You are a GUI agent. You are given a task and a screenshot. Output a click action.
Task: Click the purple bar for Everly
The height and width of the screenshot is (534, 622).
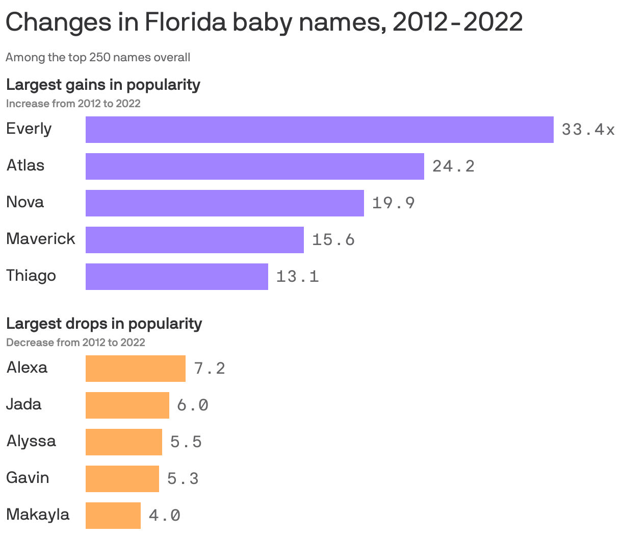pos(319,130)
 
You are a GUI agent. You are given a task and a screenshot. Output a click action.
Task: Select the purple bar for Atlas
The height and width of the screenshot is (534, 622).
pos(254,166)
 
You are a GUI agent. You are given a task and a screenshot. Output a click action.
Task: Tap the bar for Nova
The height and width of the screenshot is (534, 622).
pos(224,203)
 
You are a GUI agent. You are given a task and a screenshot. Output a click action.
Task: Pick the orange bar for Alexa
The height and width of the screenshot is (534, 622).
pos(135,369)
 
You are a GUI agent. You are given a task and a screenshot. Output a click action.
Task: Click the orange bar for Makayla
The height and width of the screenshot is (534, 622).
pos(113,516)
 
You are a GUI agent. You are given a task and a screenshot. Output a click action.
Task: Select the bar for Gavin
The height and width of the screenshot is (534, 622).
pos(122,479)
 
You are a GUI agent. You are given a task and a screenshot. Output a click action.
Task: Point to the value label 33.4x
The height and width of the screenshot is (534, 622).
pos(588,130)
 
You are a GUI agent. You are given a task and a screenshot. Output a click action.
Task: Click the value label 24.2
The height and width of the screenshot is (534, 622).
pos(453,166)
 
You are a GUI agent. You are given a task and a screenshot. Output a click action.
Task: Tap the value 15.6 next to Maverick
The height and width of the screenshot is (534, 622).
pos(333,240)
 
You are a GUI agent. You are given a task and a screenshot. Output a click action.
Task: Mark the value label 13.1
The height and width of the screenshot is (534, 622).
pos(297,277)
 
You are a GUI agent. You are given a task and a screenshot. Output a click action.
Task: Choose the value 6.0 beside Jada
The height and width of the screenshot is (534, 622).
pos(193,405)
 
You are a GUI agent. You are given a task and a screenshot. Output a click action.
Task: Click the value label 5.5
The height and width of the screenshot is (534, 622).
pos(186,442)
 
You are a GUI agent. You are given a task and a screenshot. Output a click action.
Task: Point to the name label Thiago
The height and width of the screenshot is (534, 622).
pos(31,276)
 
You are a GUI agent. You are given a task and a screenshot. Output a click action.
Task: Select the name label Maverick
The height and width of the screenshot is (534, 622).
pos(41,239)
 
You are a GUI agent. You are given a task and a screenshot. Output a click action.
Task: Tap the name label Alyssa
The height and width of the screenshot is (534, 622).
pos(31,441)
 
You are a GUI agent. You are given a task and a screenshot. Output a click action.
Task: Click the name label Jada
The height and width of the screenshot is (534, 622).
pos(23,404)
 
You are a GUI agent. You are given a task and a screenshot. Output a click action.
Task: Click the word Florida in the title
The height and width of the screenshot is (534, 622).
pos(186,22)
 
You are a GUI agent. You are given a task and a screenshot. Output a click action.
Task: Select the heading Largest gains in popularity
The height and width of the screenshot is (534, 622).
pos(103,84)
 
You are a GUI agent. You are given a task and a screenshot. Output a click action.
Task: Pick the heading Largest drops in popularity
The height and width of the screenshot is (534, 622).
pos(104,323)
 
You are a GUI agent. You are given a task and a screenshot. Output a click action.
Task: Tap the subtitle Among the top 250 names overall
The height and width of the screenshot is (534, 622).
pos(98,57)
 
